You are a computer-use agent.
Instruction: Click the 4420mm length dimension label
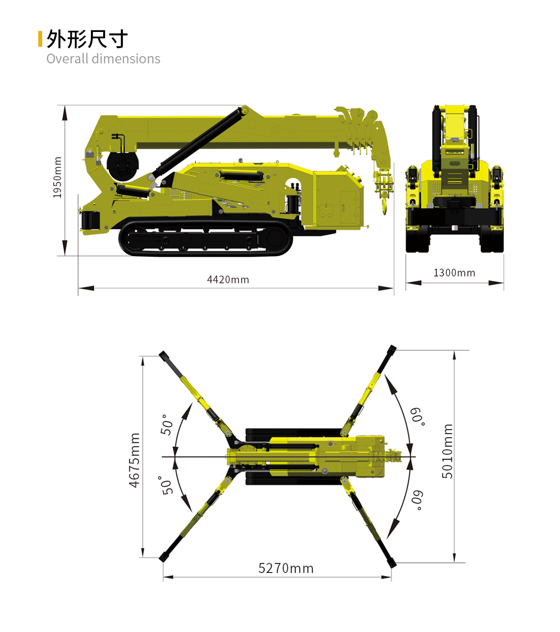(x=228, y=280)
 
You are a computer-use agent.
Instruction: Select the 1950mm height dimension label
(x=57, y=177)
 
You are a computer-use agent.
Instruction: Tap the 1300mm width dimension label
(x=454, y=273)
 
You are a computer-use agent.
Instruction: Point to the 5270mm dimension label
(x=285, y=568)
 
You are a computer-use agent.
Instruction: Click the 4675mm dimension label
(x=135, y=460)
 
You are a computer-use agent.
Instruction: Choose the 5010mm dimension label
(x=448, y=451)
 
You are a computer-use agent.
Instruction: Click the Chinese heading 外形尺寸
(x=87, y=39)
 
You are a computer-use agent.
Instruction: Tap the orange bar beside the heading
(x=40, y=39)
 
